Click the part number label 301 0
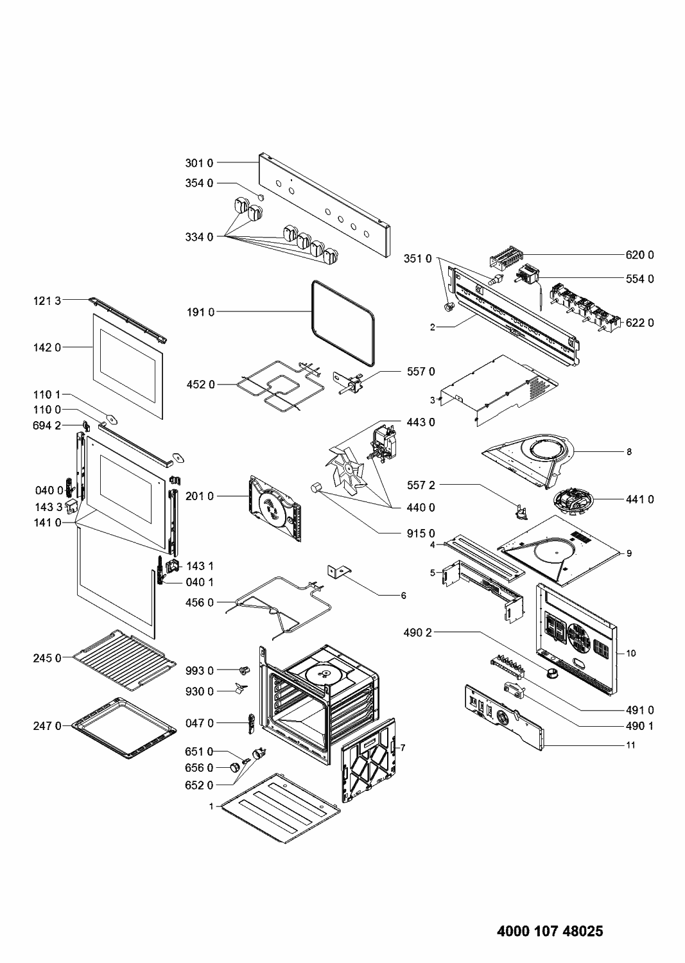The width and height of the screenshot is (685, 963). [199, 163]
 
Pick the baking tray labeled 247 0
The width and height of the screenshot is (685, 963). [125, 727]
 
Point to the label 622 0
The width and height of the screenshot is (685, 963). [639, 323]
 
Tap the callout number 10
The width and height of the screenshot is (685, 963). [631, 654]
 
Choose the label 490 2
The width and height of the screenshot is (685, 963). [419, 633]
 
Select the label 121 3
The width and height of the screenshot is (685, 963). [47, 300]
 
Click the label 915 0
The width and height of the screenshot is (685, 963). [421, 534]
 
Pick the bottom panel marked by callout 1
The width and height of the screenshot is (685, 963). [279, 799]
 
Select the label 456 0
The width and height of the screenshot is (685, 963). [200, 603]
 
